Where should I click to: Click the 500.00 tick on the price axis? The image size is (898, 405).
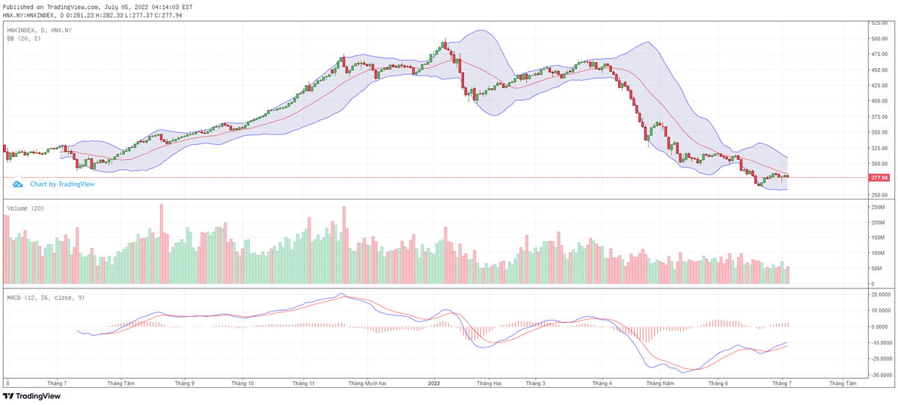pos(879,38)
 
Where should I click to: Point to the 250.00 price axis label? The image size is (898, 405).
pos(879,195)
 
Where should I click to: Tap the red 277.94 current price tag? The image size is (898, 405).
pos(879,178)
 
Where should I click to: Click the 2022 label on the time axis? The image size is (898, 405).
pos(433,383)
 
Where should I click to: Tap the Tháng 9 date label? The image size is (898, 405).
pos(184,383)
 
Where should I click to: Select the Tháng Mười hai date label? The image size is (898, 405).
pos(367,383)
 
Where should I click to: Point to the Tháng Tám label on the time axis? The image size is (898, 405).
pos(120,383)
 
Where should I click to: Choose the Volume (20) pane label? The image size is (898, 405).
pos(26,208)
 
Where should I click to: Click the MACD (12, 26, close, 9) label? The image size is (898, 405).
pos(46,297)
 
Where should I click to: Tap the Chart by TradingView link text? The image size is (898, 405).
pos(62,184)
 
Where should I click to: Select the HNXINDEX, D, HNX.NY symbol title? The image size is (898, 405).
pos(40,30)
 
